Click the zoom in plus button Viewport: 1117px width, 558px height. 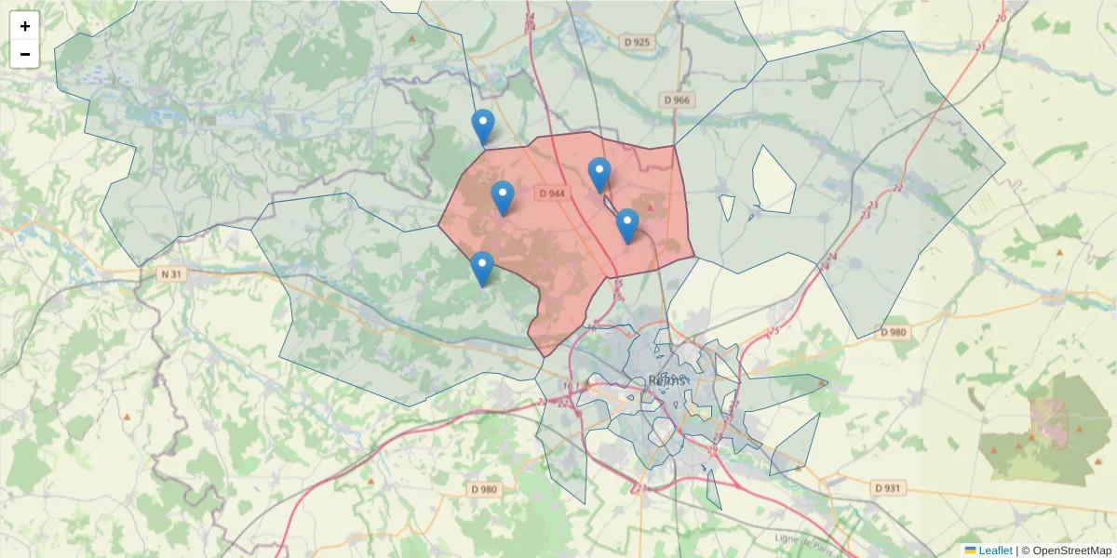click(25, 26)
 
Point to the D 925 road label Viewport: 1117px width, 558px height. click(638, 42)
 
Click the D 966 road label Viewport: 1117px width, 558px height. click(678, 100)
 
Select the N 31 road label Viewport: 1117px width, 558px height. click(170, 273)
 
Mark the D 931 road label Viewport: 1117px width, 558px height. click(890, 487)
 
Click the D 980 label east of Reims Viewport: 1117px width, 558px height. click(892, 332)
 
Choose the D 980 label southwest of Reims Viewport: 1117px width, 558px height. click(484, 489)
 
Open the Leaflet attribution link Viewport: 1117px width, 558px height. click(995, 551)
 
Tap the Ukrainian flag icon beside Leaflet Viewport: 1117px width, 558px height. click(970, 551)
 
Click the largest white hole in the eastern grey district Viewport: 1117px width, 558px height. click(774, 178)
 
